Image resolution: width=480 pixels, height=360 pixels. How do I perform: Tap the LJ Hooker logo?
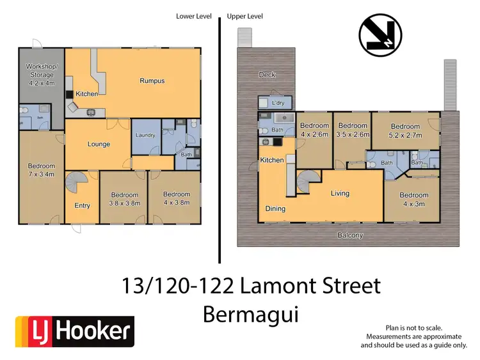pos(74,331)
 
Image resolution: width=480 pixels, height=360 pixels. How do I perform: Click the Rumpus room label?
pos(152,81)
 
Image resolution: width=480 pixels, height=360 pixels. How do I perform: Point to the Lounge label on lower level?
pos(98,144)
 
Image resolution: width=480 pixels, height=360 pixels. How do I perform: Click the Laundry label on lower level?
pos(145,135)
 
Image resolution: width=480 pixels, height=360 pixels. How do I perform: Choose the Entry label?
pos(82,205)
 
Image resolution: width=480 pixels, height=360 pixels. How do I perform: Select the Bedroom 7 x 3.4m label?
pos(42,168)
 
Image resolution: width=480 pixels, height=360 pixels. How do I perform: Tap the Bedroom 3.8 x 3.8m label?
pos(124,198)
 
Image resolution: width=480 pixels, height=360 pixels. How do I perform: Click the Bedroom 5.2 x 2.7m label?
pos(405,130)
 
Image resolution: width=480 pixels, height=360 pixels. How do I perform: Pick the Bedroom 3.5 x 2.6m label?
pos(352,130)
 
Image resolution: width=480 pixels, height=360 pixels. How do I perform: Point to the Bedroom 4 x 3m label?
pos(413,199)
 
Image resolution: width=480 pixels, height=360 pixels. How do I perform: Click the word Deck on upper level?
pos(267,75)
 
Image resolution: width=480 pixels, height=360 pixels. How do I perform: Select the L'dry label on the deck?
pos(278,102)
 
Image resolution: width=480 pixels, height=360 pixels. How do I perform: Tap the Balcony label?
pos(350,235)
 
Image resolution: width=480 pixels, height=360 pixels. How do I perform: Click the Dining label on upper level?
pos(275,208)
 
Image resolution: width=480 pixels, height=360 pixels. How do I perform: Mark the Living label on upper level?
pos(343,192)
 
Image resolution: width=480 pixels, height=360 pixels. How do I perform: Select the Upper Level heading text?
pos(245,17)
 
